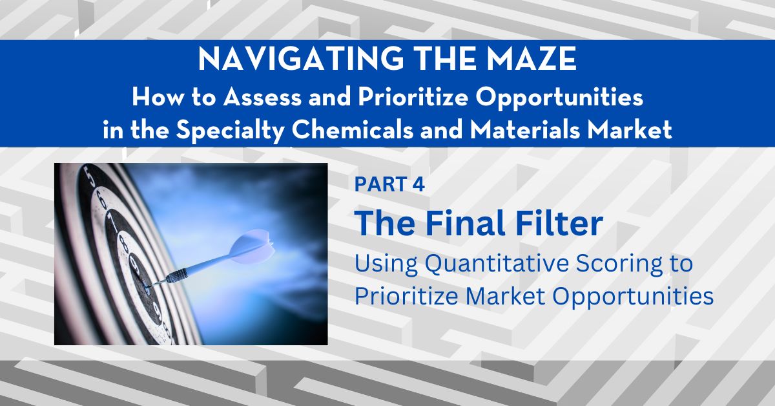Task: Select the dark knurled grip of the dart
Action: [x=176, y=276]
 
